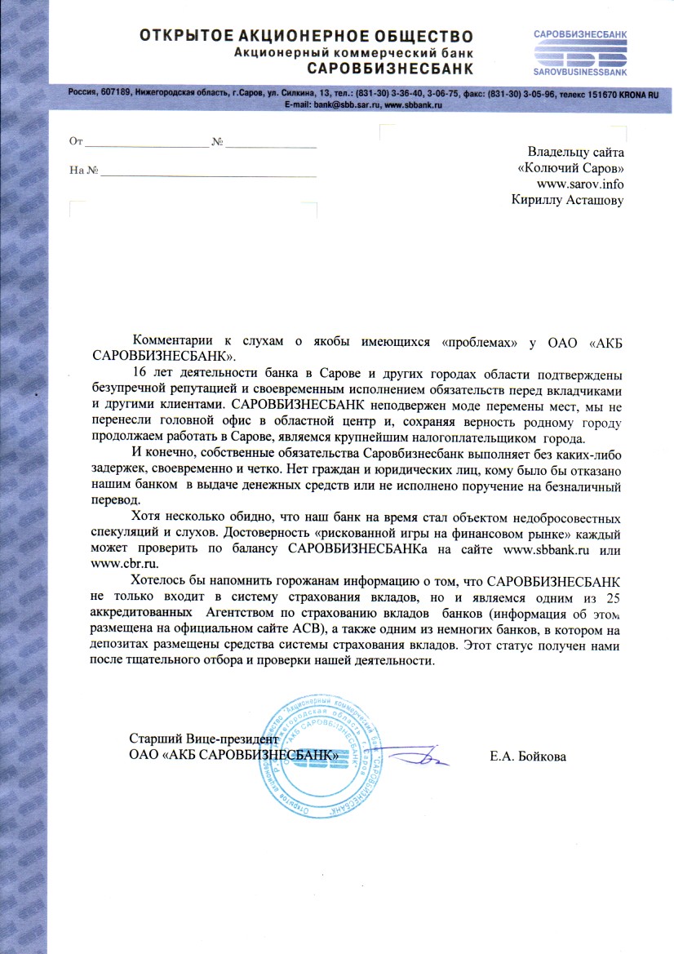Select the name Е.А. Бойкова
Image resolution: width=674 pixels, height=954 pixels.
click(528, 757)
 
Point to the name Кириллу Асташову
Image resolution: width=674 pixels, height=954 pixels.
click(567, 200)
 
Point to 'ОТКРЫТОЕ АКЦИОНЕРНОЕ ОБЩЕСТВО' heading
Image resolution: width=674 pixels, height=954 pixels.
click(306, 36)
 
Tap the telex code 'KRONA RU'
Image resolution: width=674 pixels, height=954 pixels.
click(633, 95)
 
